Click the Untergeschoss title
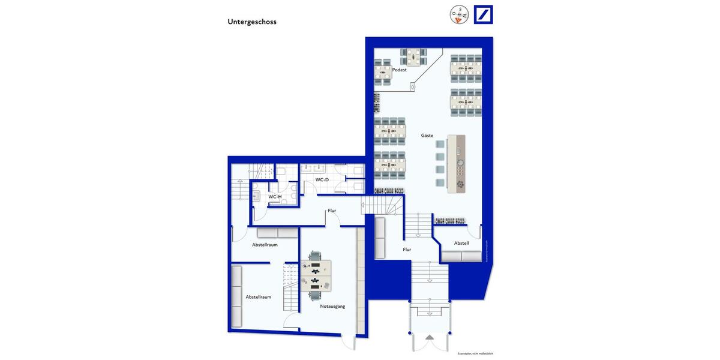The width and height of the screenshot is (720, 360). pos(251,22)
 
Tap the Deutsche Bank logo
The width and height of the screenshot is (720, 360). pos(483,14)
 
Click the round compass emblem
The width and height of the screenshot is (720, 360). pos(459,14)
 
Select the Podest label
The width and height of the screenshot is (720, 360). pos(399,70)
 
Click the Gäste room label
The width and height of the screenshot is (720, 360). pos(427,136)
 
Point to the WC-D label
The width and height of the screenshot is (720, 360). pos(322,179)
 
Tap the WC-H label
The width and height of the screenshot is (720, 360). pos(275,196)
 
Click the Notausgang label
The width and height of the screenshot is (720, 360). pos(332,306)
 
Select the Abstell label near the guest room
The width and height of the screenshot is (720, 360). pos(461,243)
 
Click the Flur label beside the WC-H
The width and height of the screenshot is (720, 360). pos(332,211)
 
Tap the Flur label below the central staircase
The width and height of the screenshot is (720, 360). pos(407,249)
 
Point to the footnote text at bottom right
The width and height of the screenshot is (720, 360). pos(475,353)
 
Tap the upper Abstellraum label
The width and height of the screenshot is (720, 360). pos(265,244)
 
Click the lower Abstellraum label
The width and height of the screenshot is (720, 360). pos(258,296)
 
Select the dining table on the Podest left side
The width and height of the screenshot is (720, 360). pos(382,74)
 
